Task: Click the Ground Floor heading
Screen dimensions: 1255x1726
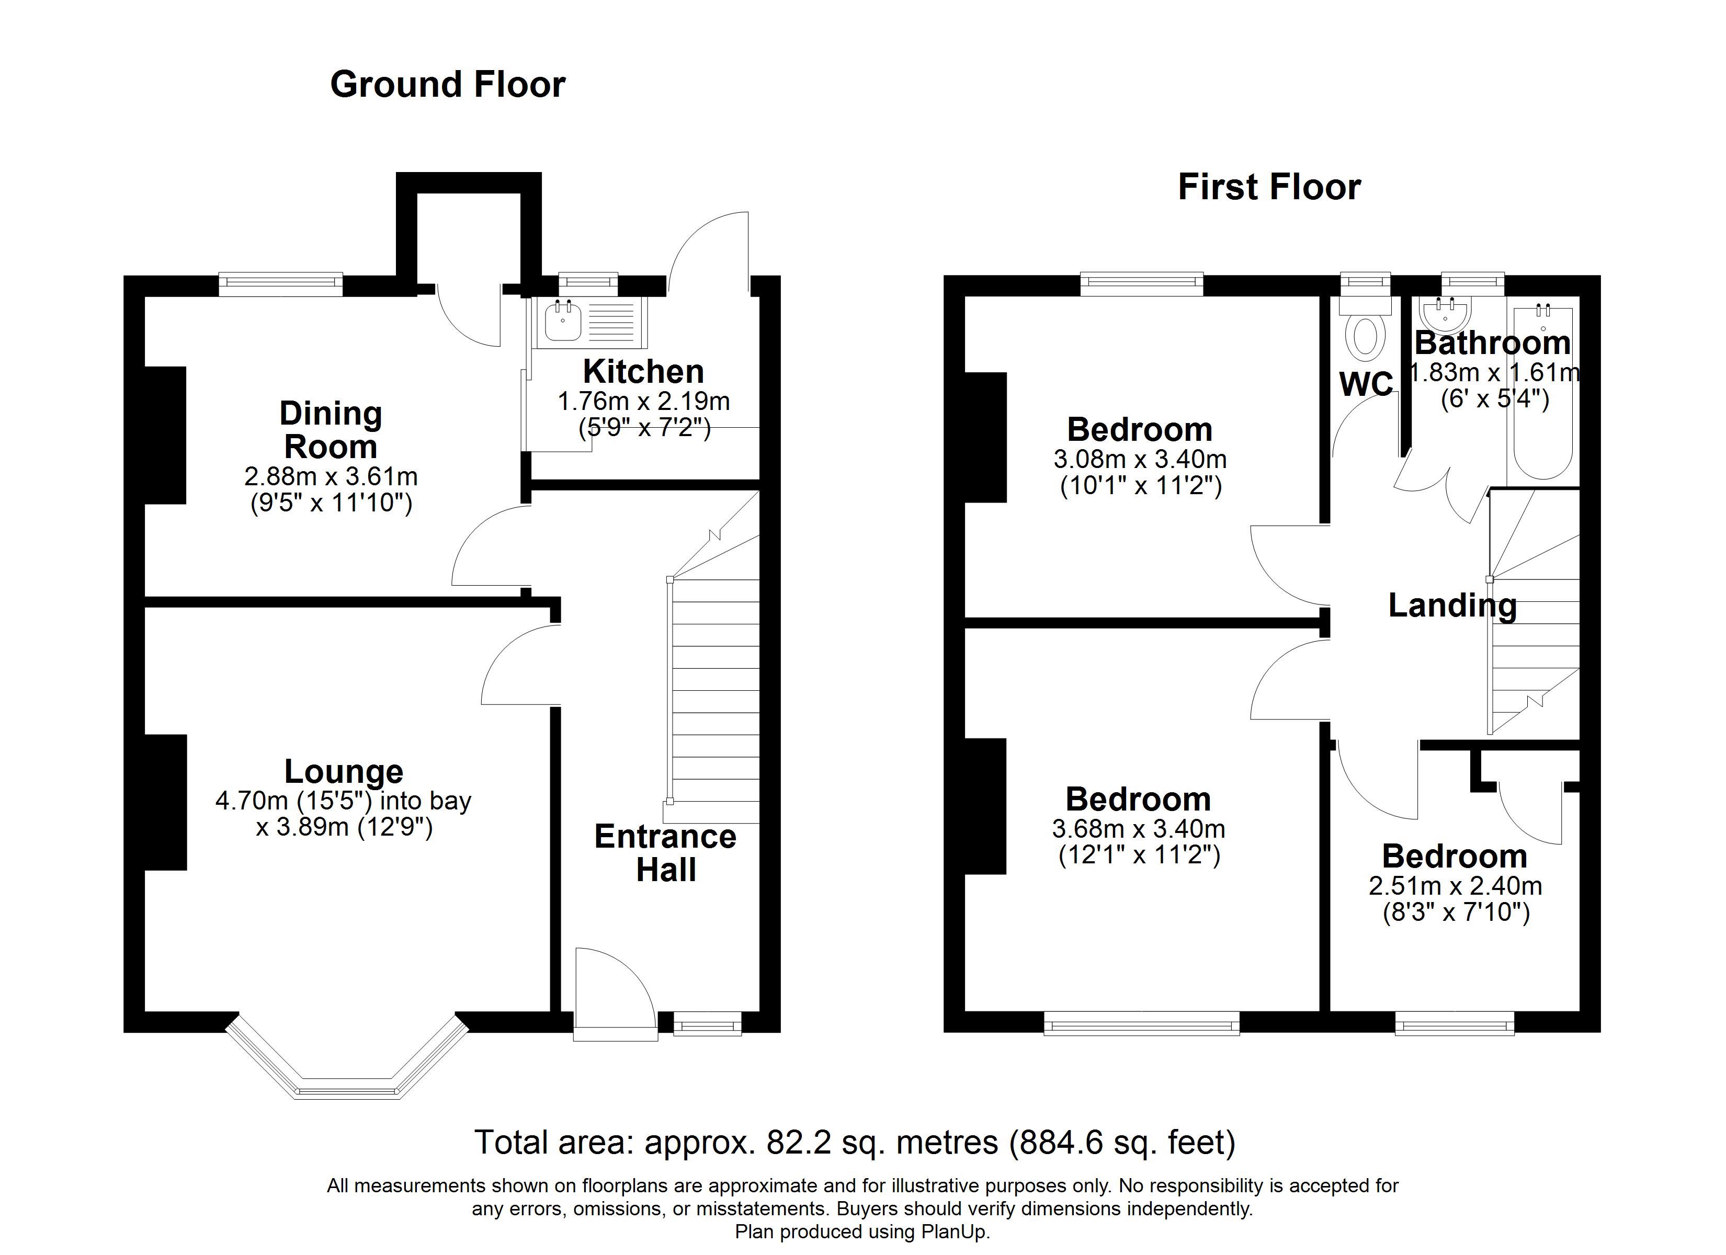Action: click(448, 85)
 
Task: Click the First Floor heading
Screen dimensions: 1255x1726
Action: click(1269, 187)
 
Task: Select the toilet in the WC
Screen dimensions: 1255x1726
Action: click(1365, 336)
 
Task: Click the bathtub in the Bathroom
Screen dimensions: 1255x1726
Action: click(1542, 396)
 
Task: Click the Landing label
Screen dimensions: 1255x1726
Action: click(1452, 606)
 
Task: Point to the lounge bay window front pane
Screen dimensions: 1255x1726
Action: click(348, 1091)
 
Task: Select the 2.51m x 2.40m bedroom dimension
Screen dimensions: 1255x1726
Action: click(1455, 886)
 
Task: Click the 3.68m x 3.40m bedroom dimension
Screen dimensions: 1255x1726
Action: click(1139, 829)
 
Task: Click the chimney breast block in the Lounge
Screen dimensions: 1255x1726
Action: click(166, 802)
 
